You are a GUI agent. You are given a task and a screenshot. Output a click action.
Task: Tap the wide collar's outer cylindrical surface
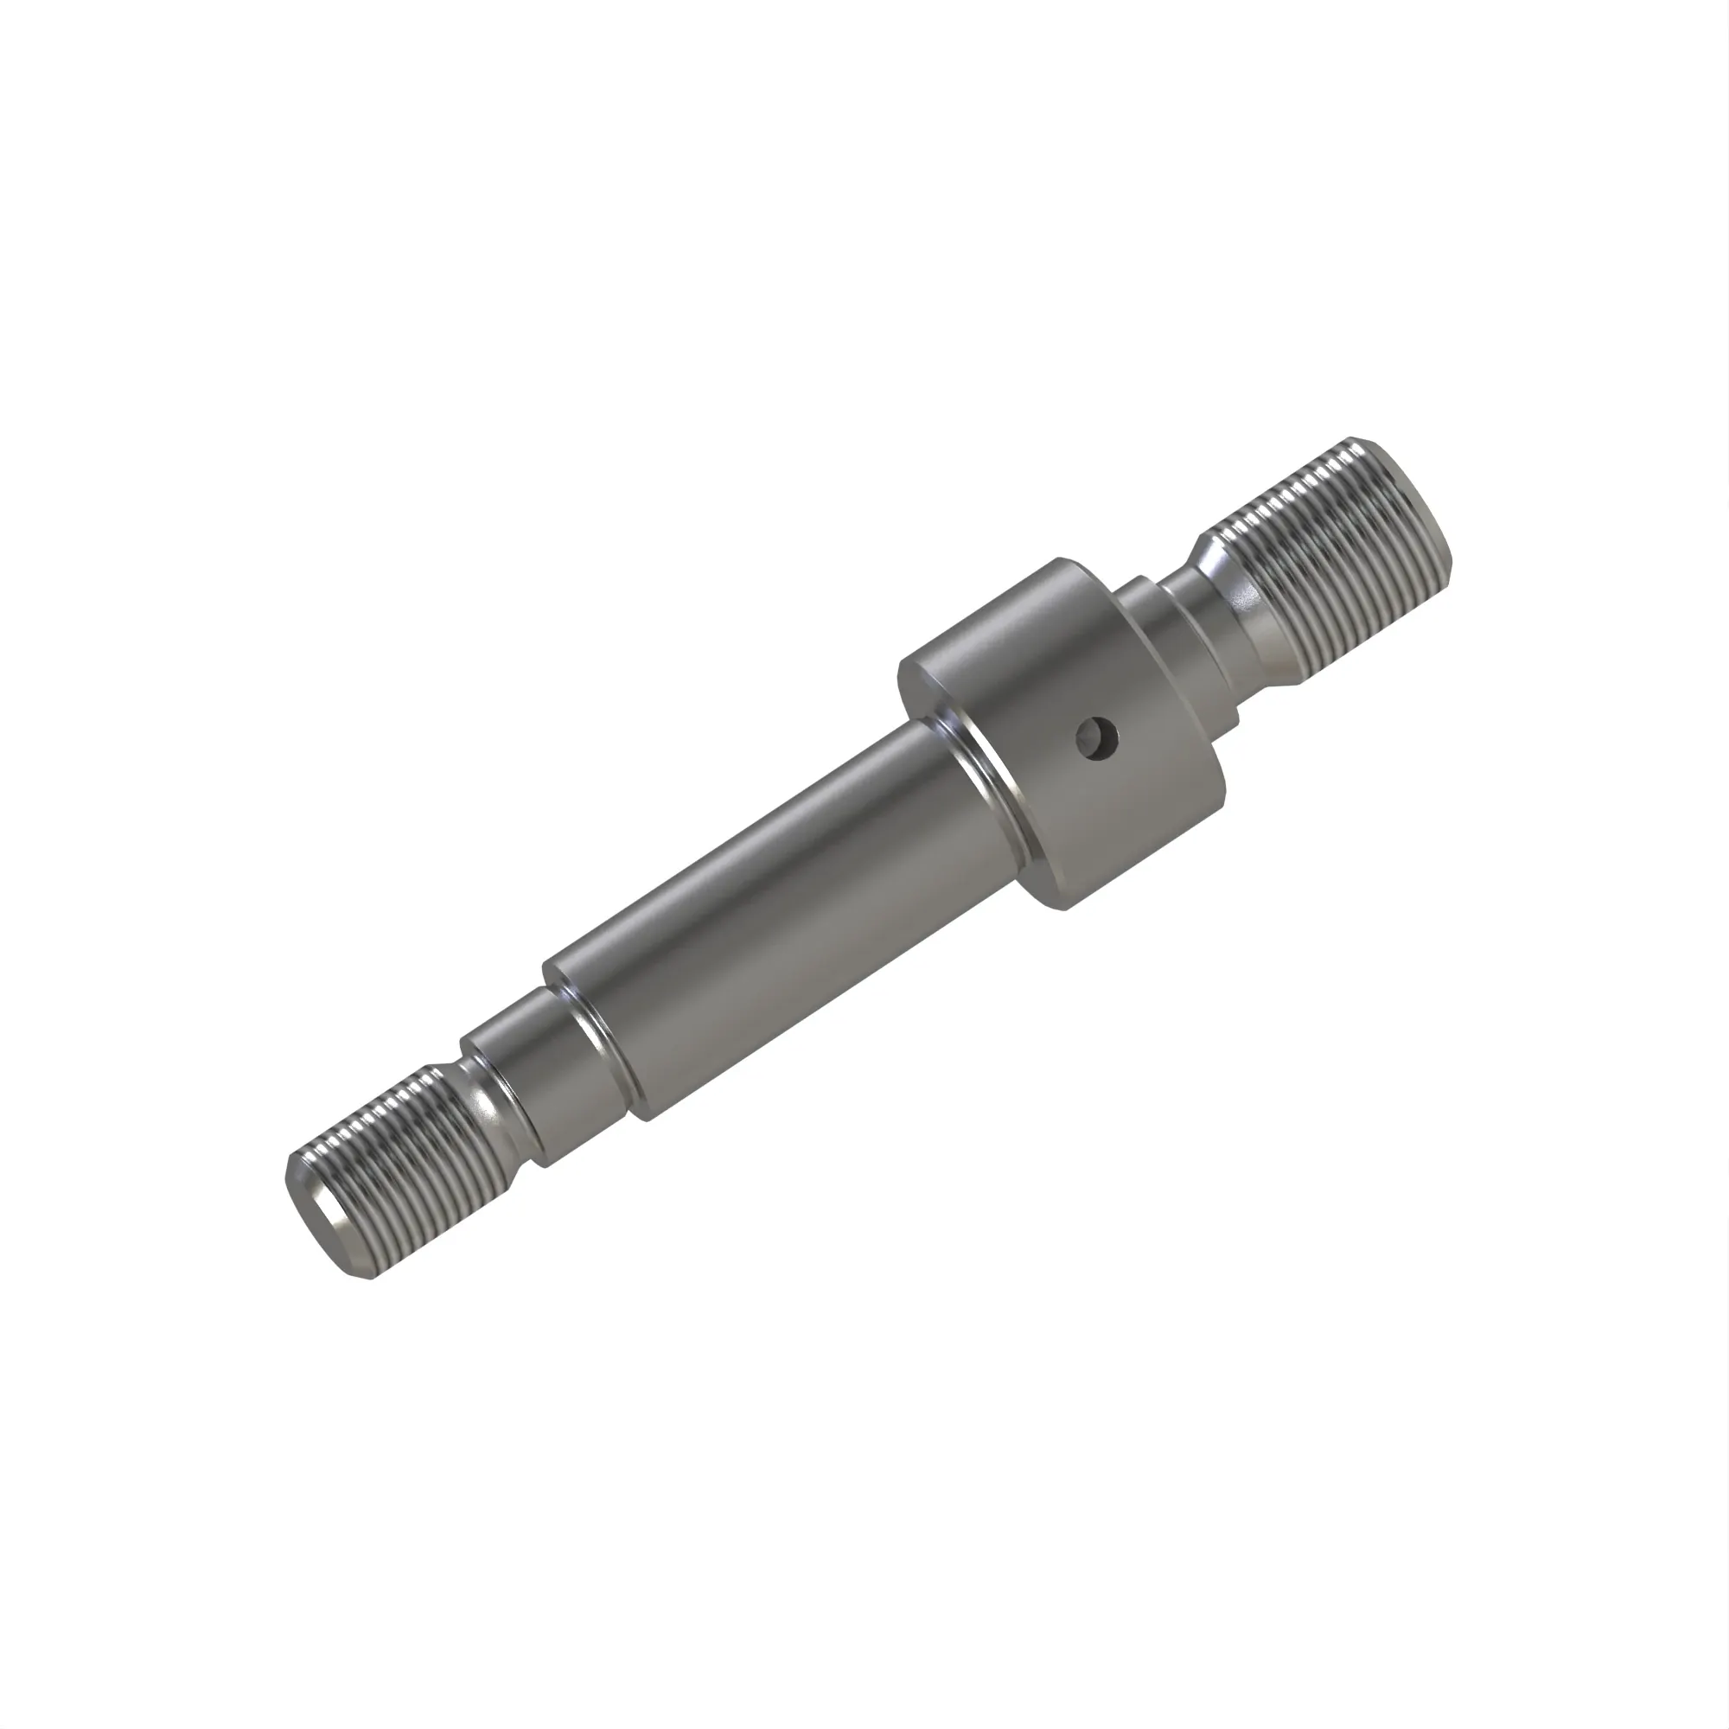1119,788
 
